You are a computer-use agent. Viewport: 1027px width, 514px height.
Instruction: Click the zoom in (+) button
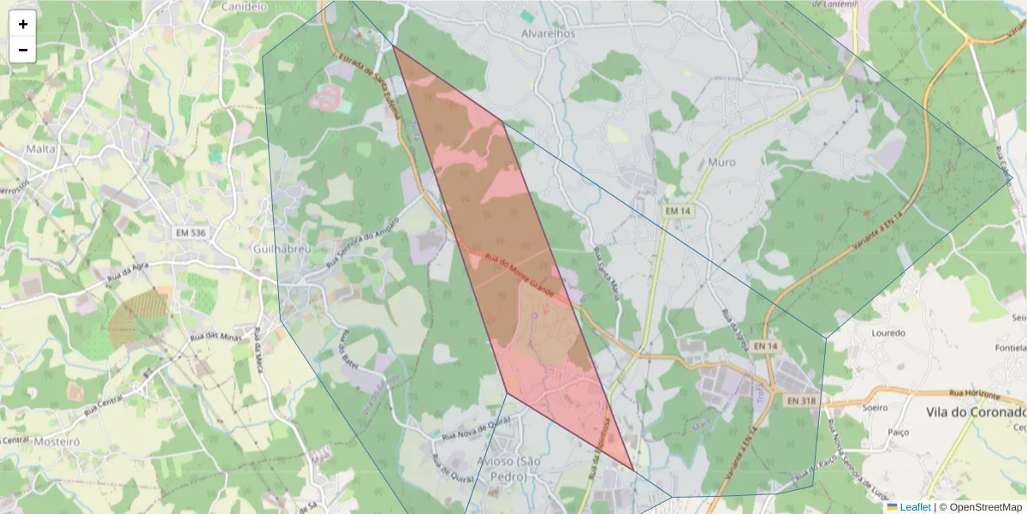pos(23,24)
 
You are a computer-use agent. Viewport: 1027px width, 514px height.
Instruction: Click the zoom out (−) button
pos(23,50)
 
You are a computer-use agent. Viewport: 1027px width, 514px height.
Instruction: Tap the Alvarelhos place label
pos(548,33)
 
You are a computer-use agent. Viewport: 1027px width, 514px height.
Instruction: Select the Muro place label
pos(721,162)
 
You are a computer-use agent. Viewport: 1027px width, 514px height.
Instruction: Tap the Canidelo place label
pos(246,7)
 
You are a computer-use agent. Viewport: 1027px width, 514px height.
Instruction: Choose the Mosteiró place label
pos(56,441)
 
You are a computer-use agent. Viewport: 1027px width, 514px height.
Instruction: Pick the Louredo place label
pos(887,332)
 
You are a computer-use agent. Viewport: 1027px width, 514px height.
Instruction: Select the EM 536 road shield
pos(190,233)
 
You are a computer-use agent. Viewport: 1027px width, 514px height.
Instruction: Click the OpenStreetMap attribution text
pos(984,507)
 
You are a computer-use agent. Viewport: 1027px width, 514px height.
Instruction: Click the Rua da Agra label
pos(128,274)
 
